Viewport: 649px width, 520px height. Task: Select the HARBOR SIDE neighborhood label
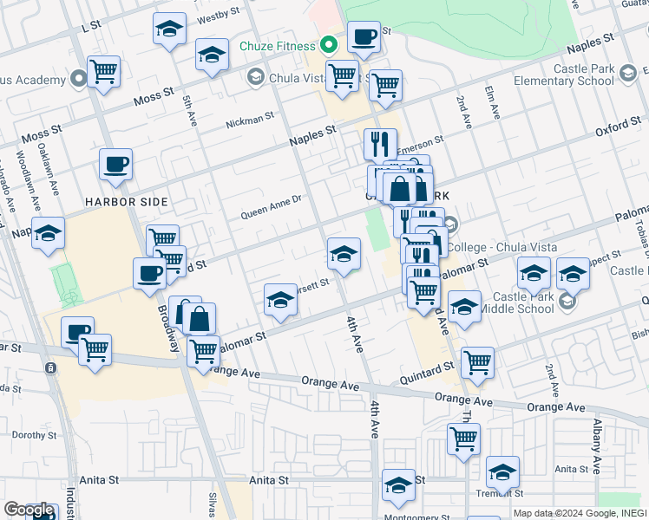point(127,201)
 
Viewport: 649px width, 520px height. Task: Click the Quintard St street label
point(429,367)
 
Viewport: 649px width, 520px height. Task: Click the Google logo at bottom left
point(28,510)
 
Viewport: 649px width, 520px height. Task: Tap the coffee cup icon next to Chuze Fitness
point(364,37)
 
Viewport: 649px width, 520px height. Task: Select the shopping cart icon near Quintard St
point(477,363)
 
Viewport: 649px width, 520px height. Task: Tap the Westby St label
point(218,15)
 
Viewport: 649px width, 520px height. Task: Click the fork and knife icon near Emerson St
point(380,144)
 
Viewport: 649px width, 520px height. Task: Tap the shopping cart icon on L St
point(104,72)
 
